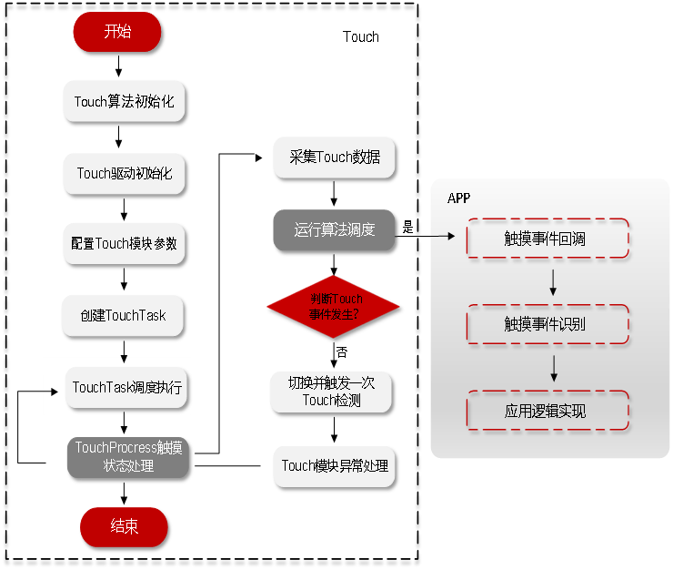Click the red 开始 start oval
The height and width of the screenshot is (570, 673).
117,32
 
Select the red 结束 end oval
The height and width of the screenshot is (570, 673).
124,526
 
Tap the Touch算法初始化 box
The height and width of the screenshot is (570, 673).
124,101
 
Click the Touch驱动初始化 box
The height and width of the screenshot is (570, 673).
124,173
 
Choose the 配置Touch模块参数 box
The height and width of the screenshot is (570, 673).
124,244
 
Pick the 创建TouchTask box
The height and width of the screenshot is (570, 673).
124,315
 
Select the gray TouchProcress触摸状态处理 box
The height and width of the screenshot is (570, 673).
127,456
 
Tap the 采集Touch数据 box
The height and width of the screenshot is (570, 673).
334,158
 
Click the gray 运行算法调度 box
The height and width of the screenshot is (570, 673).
334,229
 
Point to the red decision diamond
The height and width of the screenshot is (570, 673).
333,307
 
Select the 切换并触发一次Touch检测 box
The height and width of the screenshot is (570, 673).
332,392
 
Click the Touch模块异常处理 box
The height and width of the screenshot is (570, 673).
334,465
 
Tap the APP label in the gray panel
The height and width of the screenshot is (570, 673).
459,198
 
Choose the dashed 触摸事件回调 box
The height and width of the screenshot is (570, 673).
547,238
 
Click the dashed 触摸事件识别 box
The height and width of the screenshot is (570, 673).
547,324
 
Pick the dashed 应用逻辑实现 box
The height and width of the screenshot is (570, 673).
547,411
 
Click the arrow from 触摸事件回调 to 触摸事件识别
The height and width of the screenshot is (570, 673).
553,281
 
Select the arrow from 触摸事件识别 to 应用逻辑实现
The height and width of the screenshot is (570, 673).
553,368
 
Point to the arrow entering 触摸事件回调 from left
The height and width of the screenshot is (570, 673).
443,237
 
